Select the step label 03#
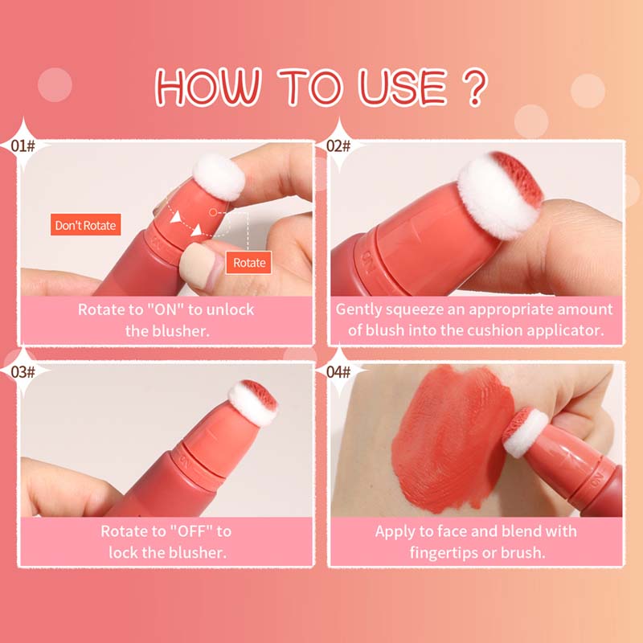(24, 371)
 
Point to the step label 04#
(338, 371)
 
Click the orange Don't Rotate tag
(85, 225)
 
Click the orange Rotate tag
(249, 262)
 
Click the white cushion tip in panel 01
(219, 178)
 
